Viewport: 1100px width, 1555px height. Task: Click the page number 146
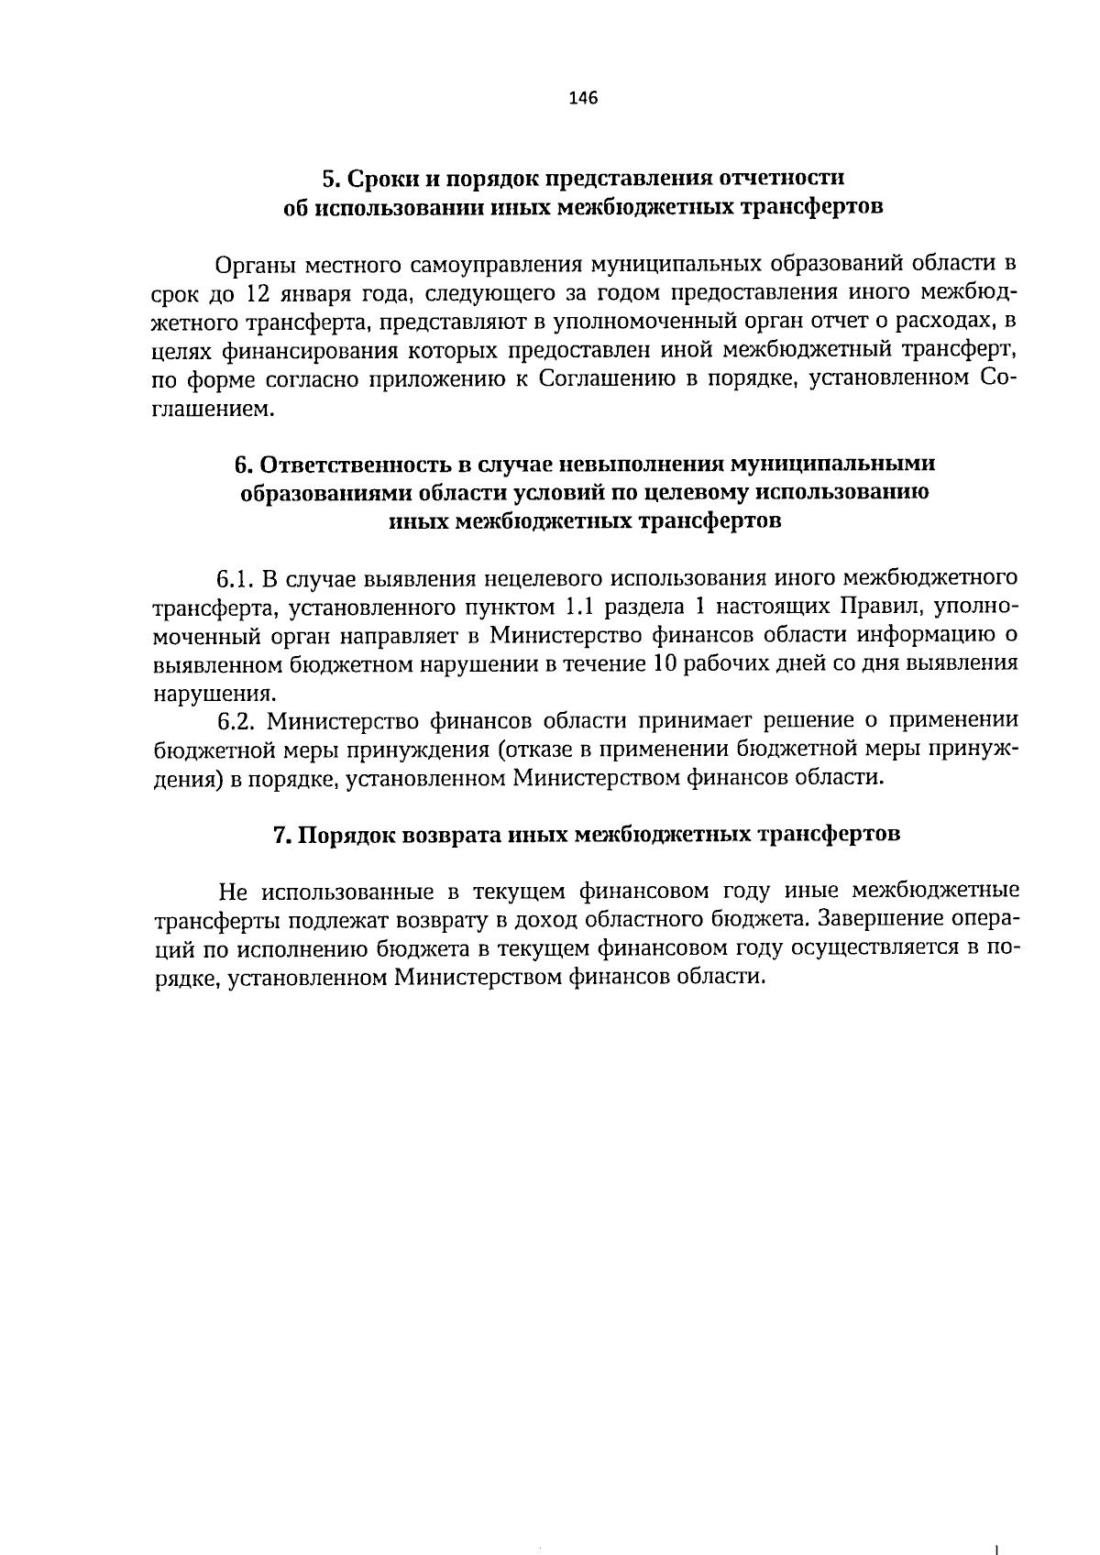click(x=582, y=98)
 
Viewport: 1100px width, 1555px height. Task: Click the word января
click(x=315, y=294)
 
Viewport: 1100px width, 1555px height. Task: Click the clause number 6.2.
click(x=234, y=721)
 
